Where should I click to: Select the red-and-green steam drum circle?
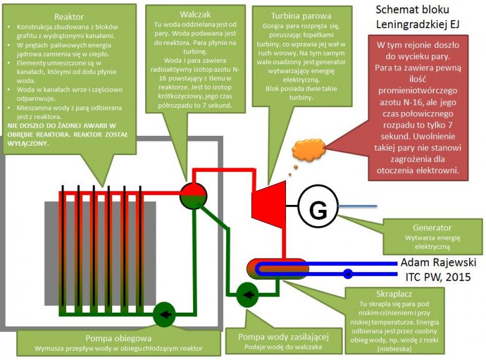pos(193,196)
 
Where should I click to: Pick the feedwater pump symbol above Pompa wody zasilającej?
pos(248,294)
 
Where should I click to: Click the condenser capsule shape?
pos(277,268)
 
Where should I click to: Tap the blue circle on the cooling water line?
pos(348,272)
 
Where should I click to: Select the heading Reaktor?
pos(69,16)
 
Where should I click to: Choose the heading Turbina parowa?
pos(301,16)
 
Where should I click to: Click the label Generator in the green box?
pos(432,227)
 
